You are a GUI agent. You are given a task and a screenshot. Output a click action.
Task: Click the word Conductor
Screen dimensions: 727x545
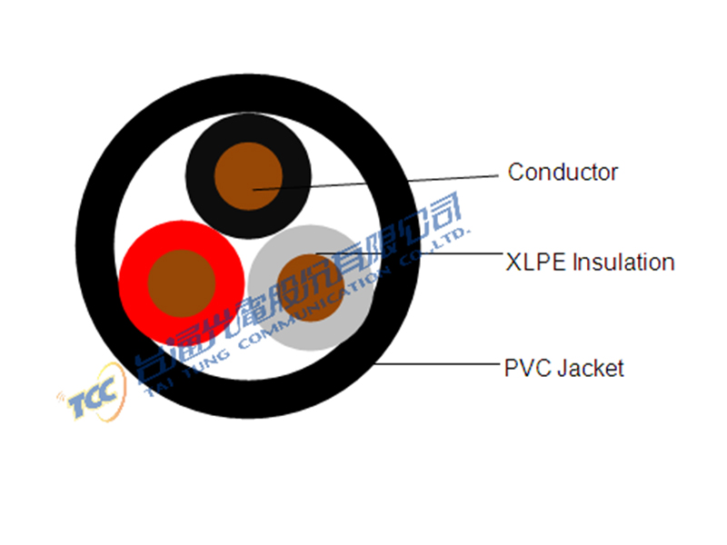[563, 173]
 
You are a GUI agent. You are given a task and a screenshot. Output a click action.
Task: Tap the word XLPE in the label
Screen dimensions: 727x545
[536, 263]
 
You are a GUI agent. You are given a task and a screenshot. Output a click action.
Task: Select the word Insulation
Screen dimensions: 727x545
[623, 263]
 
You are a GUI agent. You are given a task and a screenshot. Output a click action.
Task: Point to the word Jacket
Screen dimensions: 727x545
[591, 369]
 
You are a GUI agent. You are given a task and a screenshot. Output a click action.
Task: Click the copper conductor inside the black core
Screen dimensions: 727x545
[248, 176]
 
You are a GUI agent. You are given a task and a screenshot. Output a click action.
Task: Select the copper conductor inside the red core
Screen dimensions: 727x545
[182, 283]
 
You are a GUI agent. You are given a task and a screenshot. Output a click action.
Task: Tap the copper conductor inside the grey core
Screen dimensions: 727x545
[311, 287]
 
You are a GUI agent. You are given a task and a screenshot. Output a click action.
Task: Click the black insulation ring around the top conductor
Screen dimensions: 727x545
[199, 176]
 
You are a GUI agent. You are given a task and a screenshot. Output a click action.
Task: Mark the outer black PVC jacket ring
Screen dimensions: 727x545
[95, 245]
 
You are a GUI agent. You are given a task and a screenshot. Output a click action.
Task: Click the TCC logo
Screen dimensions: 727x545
[93, 394]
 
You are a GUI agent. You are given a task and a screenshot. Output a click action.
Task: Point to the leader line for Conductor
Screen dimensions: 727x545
[375, 183]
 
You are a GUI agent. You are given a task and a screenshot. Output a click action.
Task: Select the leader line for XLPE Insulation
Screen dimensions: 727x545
[410, 253]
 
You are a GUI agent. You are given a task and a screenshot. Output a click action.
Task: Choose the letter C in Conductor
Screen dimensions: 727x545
[515, 173]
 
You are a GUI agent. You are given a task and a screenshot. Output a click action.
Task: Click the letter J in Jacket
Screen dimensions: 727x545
[563, 369]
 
